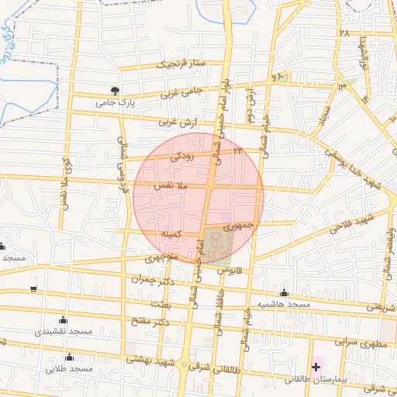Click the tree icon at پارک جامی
tap(116, 90)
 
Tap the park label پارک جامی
tap(116, 102)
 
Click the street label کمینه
tap(171, 233)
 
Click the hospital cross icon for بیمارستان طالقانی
tap(316, 365)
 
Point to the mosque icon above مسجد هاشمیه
tap(285, 292)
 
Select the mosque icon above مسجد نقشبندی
tap(63, 319)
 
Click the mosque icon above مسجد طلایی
tap(70, 357)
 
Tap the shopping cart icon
tap(33, 289)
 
